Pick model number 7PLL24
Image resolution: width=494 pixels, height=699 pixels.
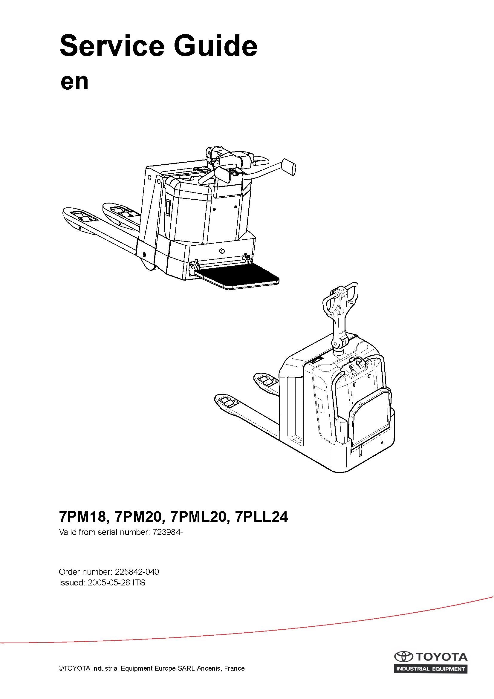[262, 517]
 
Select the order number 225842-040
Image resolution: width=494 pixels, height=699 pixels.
[136, 572]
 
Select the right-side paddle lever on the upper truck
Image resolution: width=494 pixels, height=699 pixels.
[289, 166]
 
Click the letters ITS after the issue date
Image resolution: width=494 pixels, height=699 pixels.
[139, 583]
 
